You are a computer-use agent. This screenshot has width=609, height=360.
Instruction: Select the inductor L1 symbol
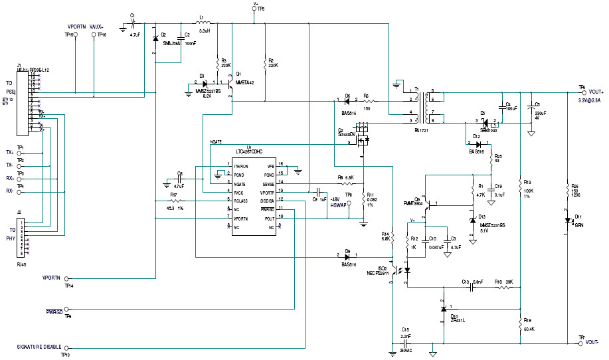tap(205, 25)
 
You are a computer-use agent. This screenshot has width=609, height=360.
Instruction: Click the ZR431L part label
tap(459, 320)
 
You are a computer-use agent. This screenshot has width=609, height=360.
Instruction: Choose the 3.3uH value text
tap(205, 31)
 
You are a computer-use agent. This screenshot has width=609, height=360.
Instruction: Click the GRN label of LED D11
tap(578, 225)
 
